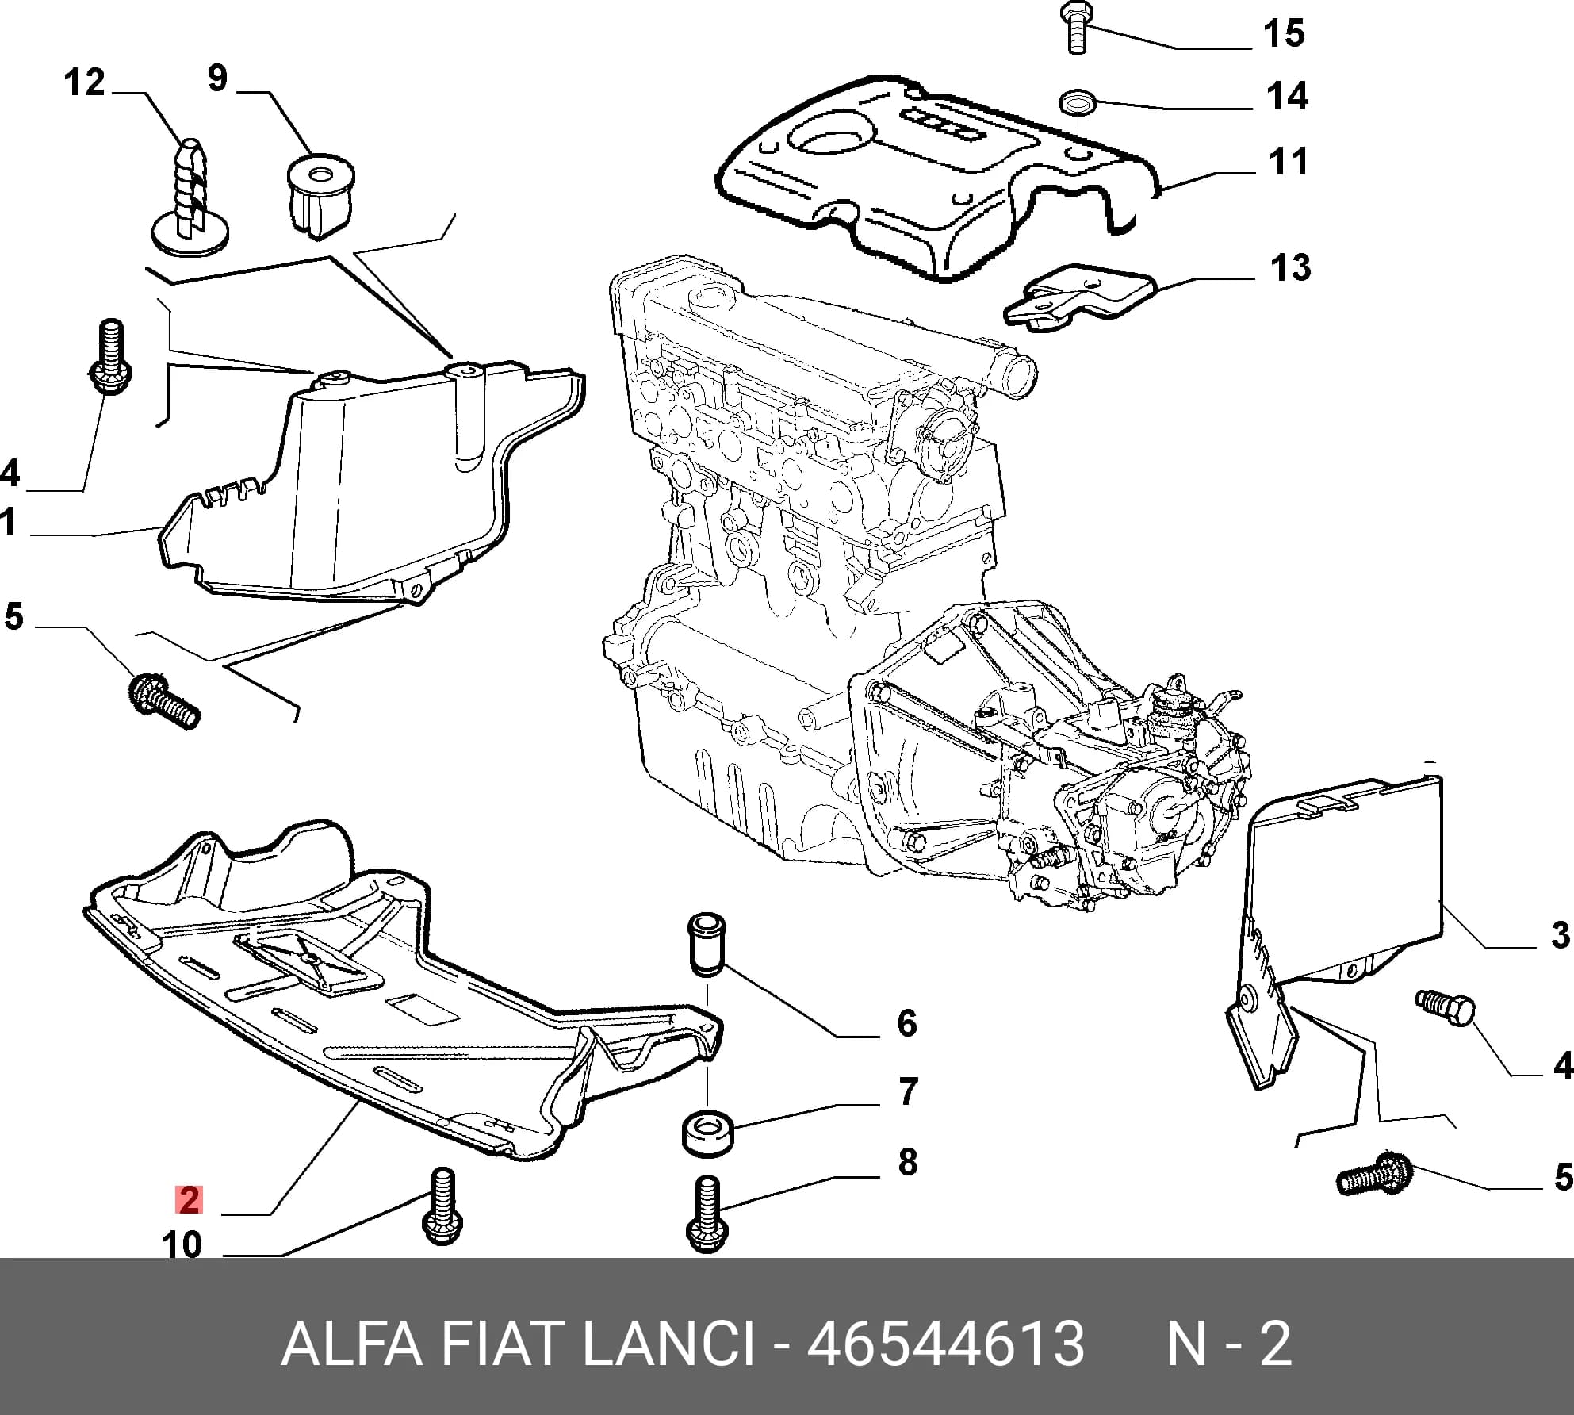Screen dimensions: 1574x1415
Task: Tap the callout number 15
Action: click(x=1284, y=33)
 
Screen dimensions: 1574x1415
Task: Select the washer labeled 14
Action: click(x=1078, y=102)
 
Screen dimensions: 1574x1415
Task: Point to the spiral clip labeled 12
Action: click(x=191, y=197)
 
